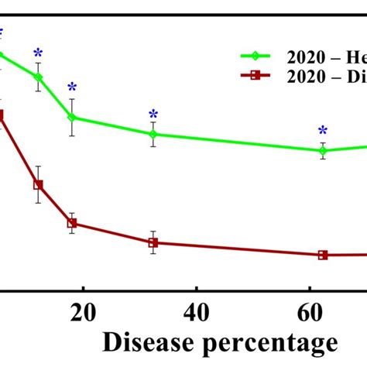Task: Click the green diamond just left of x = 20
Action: click(x=72, y=118)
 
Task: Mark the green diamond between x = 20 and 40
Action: click(x=153, y=135)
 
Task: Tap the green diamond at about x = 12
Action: click(x=38, y=77)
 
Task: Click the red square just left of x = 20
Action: click(x=72, y=224)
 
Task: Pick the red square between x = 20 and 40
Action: click(x=153, y=243)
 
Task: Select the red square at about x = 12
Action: click(x=38, y=185)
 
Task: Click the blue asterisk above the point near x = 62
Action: click(x=323, y=131)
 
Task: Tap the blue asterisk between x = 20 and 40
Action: click(x=153, y=115)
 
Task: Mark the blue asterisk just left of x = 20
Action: click(x=72, y=87)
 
